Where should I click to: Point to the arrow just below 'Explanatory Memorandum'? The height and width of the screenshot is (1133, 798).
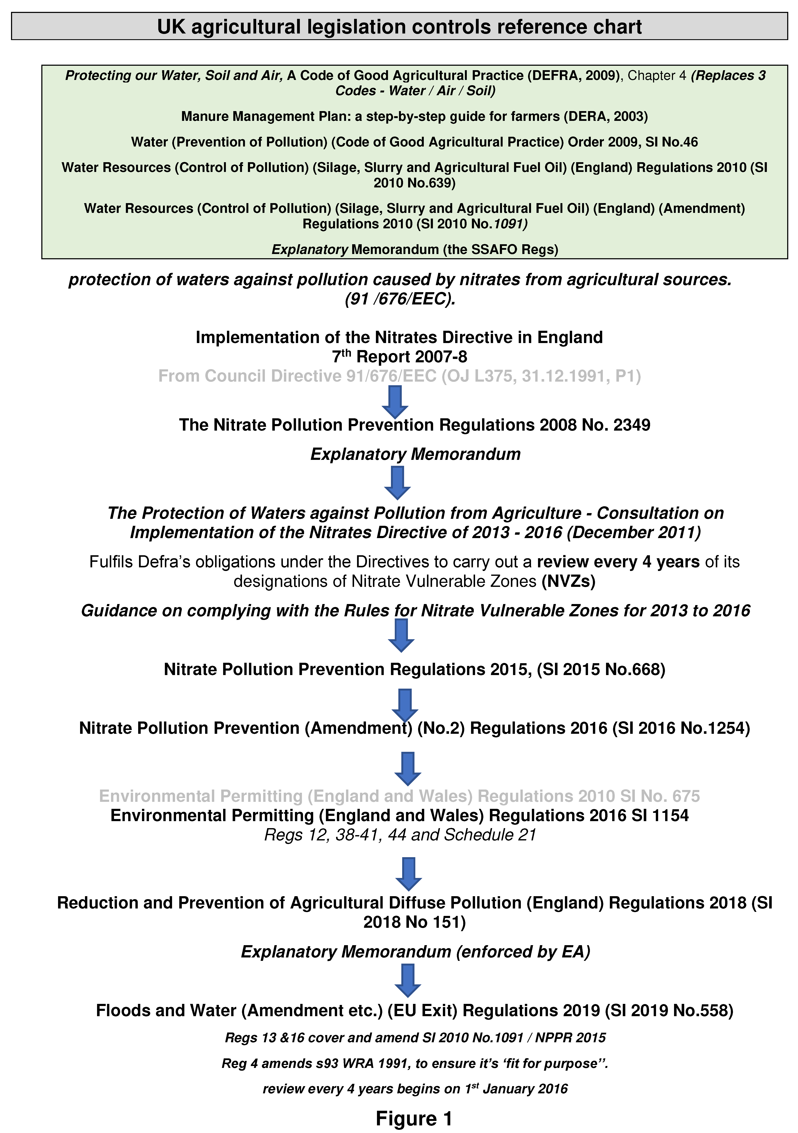[397, 482]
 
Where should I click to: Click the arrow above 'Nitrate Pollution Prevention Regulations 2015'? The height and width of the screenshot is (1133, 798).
[401, 635]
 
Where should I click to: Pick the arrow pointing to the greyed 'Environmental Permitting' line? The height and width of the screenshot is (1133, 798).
[408, 768]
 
